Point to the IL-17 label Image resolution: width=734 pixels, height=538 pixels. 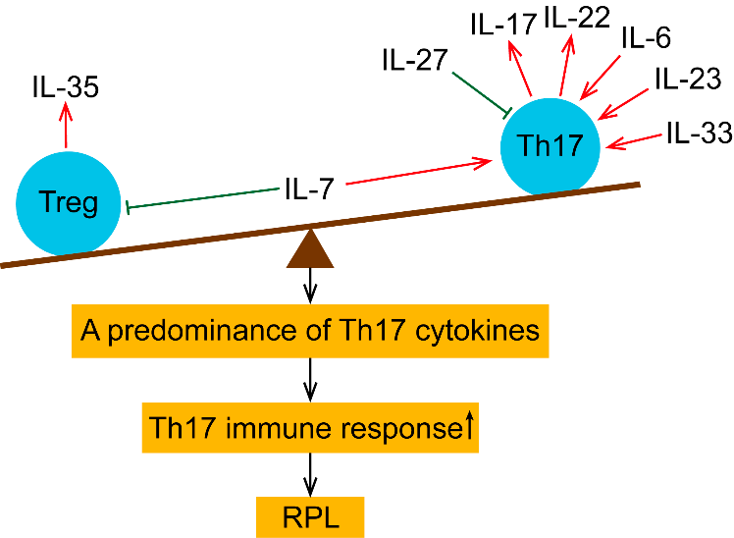pos(501,24)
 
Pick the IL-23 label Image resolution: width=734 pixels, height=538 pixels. pos(686,79)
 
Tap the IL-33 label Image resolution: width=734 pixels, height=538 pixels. pos(698,133)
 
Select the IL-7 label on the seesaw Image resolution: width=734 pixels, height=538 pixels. pos(310,188)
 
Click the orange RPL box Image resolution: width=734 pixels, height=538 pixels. pos(310,513)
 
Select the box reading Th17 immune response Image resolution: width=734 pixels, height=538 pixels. pos(310,427)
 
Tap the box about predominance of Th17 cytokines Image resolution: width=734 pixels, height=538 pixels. pos(310,330)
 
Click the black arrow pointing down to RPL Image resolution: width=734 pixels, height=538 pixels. pos(311,473)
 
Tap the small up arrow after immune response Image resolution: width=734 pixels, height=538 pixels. pos(469,424)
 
